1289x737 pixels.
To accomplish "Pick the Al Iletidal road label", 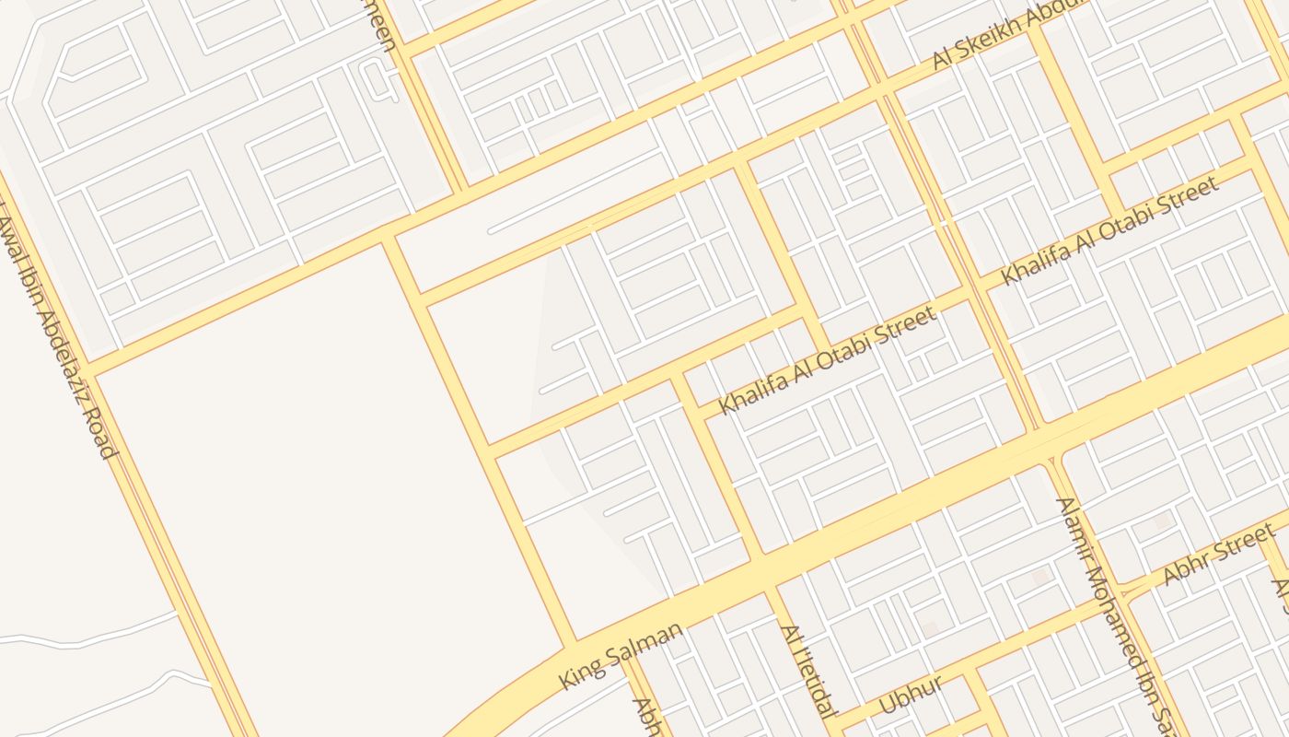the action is click(809, 671).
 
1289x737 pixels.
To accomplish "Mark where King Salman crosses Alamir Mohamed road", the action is click(1048, 440).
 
